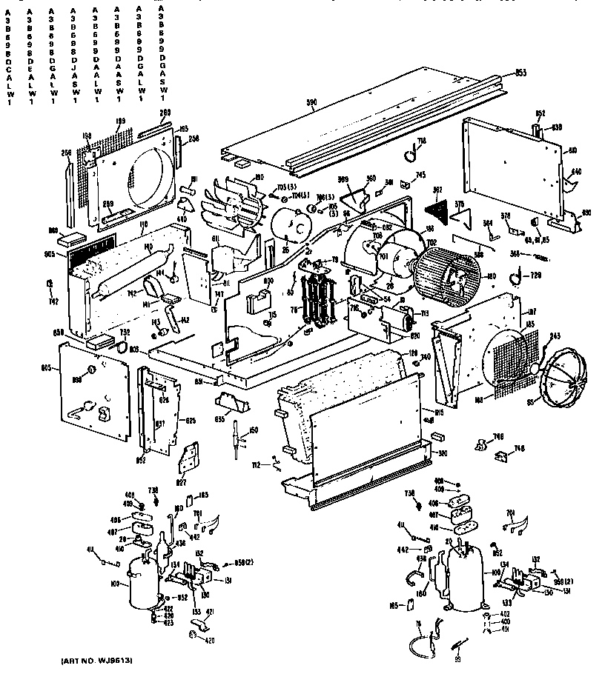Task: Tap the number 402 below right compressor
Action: click(505, 615)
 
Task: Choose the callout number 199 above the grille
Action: click(120, 121)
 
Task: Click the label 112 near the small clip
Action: click(256, 466)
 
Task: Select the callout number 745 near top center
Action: click(420, 175)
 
